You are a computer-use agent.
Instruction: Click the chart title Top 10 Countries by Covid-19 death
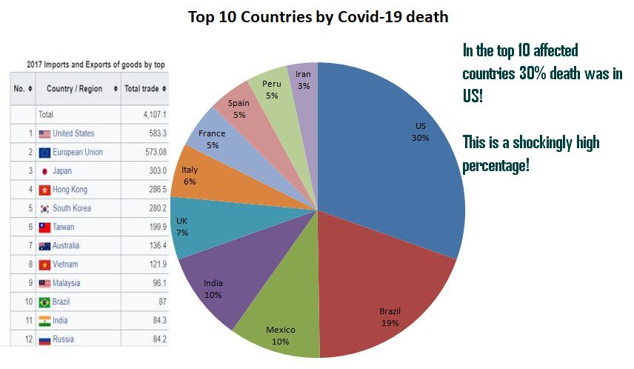click(x=318, y=16)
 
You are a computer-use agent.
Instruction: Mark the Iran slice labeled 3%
click(x=303, y=79)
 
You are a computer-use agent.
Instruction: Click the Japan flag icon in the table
click(x=44, y=171)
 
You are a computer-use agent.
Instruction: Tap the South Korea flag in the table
click(x=44, y=209)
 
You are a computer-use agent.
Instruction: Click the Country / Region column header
click(x=74, y=89)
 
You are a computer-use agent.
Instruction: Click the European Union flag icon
click(x=44, y=153)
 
